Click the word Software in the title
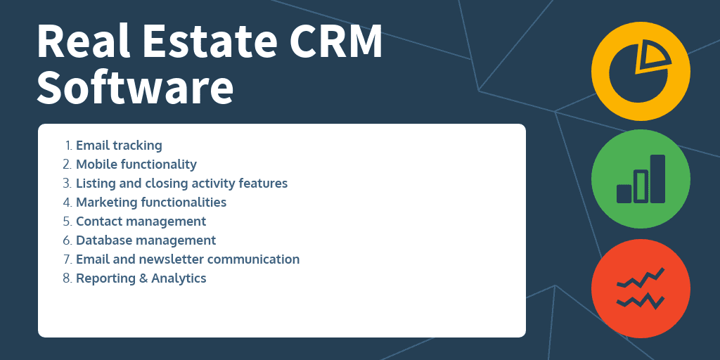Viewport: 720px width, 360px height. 135,86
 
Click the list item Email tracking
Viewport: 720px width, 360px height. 119,146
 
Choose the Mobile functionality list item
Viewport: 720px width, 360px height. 136,165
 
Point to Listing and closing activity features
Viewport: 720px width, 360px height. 181,184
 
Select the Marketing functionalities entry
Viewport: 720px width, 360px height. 151,202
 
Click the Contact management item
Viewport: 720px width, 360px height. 141,221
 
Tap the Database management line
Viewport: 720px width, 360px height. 146,240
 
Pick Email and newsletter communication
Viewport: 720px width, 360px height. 188,259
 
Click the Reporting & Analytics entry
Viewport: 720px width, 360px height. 141,278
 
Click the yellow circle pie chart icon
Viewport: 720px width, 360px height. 641,71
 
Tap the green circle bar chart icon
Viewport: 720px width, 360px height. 641,179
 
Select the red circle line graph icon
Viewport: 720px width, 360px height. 641,288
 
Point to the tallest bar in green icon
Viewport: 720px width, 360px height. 657,179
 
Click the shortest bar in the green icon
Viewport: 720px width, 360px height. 624,193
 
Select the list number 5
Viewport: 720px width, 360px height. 67,221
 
